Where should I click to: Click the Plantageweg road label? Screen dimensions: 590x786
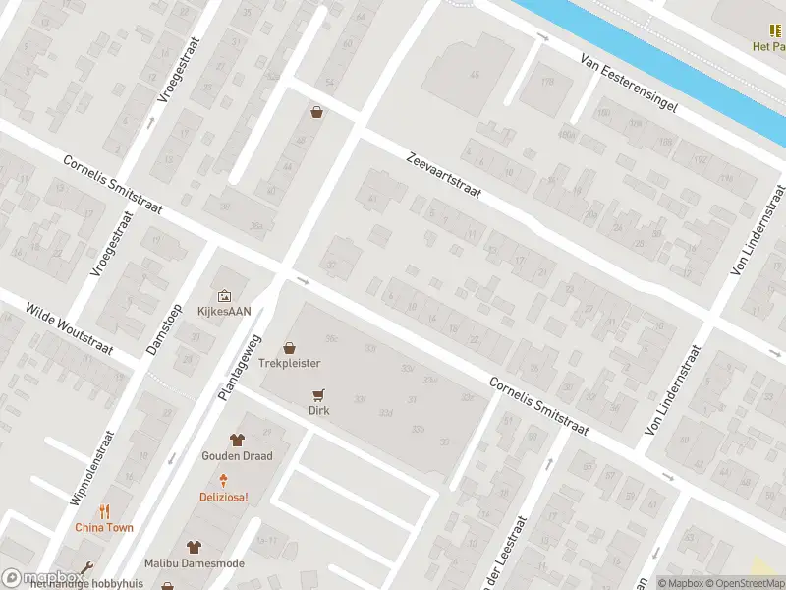pos(242,368)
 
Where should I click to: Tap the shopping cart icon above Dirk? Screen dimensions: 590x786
pos(317,394)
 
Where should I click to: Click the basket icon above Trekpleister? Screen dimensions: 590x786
pos(290,347)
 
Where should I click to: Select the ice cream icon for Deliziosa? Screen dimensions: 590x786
pos(224,480)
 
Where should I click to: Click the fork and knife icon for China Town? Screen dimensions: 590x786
pos(105,511)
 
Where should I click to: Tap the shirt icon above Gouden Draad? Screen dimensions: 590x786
pos(237,440)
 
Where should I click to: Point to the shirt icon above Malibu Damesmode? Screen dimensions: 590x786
pos(193,547)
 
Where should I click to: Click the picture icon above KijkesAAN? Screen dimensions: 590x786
pos(225,295)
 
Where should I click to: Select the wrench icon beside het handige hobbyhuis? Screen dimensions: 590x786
pos(88,568)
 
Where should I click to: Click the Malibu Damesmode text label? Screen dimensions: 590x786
pos(193,563)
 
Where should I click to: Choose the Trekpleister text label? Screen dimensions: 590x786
pos(290,363)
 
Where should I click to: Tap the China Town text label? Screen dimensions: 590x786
pos(105,528)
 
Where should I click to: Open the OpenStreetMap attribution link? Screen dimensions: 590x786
pos(738,583)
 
